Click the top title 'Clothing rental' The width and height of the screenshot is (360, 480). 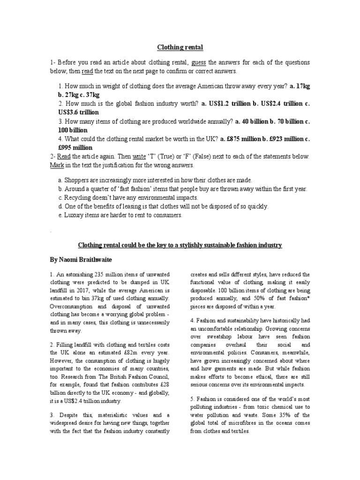[180, 47]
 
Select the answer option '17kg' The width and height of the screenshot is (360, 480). [300, 86]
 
